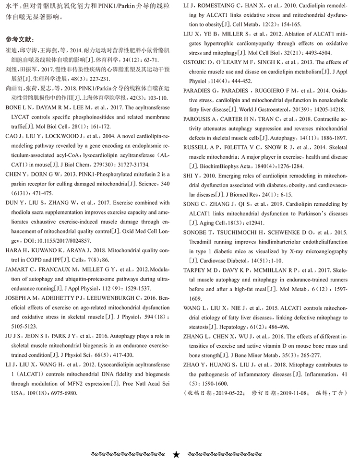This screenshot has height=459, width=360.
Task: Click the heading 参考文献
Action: [x=20, y=39]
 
